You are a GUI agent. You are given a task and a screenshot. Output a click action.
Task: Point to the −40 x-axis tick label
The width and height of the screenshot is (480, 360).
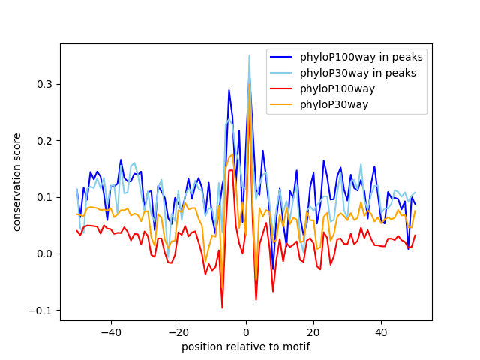pyautogui.click(x=111, y=331)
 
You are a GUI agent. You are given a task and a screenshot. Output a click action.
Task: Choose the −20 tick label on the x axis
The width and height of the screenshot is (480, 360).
pyautogui.click(x=178, y=331)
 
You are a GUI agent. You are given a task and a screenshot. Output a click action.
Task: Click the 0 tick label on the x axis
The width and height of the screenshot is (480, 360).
pyautogui.click(x=246, y=331)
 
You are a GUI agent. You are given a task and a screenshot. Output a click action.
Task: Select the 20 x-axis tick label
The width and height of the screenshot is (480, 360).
pyautogui.click(x=313, y=331)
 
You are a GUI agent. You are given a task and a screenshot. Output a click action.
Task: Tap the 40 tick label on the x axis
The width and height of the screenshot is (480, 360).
pyautogui.click(x=381, y=331)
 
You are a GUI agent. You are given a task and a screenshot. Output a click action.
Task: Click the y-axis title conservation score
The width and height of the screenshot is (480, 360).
pyautogui.click(x=17, y=182)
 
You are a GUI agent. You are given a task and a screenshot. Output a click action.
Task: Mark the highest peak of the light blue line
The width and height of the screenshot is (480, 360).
pyautogui.click(x=249, y=55)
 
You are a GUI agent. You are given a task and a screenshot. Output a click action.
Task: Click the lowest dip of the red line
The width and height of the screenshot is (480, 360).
pyautogui.click(x=222, y=307)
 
